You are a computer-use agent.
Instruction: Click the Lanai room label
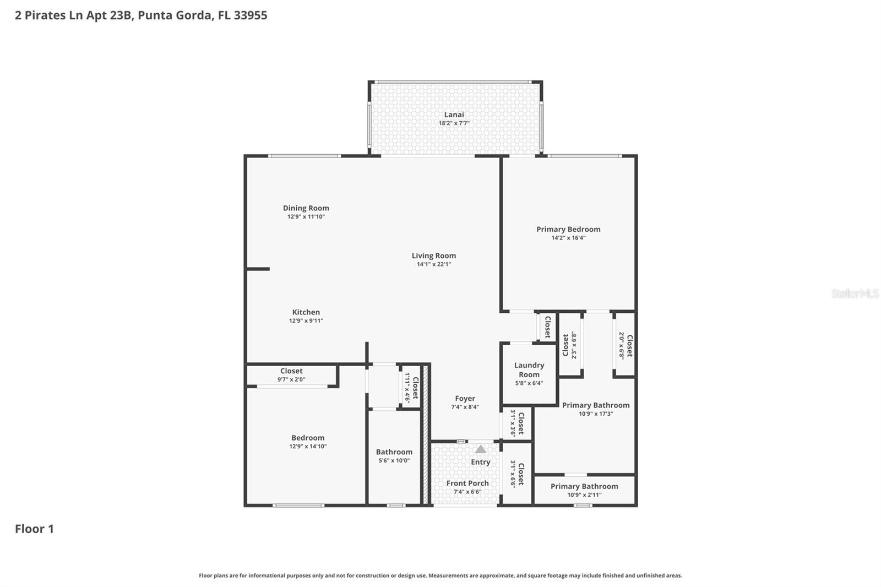click(454, 115)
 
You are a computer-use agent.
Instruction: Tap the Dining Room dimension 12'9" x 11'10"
click(306, 217)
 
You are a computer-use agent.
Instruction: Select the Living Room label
click(433, 256)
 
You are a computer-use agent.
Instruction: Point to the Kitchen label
click(306, 312)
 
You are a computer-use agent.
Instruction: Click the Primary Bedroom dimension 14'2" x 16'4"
click(568, 238)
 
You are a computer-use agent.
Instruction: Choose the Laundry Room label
click(529, 369)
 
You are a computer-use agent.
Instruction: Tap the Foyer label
click(465, 399)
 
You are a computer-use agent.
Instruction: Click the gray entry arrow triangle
click(481, 449)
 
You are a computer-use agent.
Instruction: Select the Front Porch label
click(467, 483)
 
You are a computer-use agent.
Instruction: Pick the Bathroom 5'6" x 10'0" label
click(394, 452)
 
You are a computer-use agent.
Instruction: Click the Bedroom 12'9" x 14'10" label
click(308, 438)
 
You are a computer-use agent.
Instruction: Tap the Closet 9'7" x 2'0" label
click(291, 371)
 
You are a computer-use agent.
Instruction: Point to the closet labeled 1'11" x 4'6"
click(412, 388)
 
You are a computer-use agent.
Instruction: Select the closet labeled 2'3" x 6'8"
click(569, 346)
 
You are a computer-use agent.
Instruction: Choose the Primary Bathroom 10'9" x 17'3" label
click(595, 405)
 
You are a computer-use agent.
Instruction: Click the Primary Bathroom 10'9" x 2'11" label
click(584, 487)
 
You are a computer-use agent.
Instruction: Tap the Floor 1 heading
click(34, 529)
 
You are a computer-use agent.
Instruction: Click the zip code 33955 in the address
click(250, 15)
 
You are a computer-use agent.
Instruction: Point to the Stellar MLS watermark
click(855, 293)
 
